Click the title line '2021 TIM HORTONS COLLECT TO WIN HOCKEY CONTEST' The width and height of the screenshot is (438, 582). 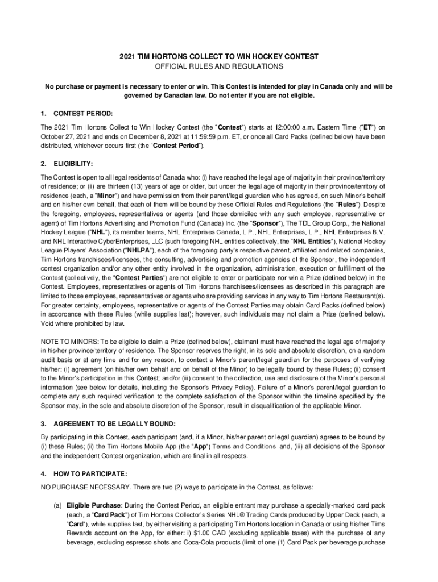(x=219, y=57)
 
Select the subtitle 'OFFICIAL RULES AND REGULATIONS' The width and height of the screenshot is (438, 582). (x=219, y=66)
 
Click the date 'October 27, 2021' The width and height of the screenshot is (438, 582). (x=65, y=136)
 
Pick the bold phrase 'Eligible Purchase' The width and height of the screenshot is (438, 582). (x=93, y=505)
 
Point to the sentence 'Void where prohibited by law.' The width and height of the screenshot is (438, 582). (x=78, y=323)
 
